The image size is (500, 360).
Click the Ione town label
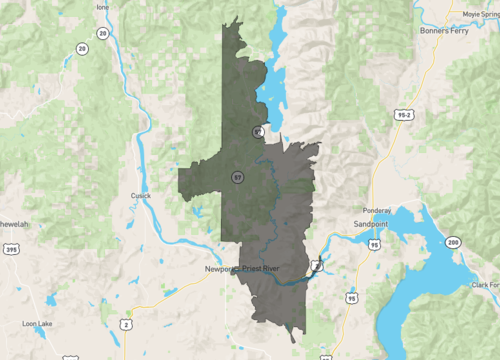(x=102, y=7)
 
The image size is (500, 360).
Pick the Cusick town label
(x=140, y=196)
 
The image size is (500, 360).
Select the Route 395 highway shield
(x=11, y=249)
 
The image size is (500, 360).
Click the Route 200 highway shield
(x=454, y=242)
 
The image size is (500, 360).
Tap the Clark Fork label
(x=487, y=285)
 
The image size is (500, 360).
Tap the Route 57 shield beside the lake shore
(x=258, y=130)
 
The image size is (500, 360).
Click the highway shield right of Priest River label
(x=316, y=265)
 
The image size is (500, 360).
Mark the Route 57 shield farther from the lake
(x=237, y=177)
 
